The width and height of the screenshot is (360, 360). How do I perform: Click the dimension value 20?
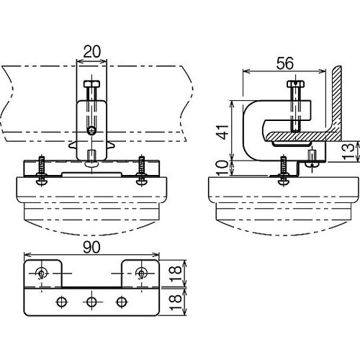[92, 51]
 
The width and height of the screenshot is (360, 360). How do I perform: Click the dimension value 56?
[285, 63]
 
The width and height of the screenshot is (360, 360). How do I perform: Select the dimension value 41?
[223, 132]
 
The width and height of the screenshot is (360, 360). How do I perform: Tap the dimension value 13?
[348, 151]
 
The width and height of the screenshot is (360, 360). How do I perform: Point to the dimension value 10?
[223, 168]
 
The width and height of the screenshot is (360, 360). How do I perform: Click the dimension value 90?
[91, 247]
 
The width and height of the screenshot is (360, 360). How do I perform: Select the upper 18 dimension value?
[176, 274]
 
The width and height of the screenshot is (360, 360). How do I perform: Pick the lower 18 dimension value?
[176, 302]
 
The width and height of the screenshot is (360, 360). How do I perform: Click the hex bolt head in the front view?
[91, 84]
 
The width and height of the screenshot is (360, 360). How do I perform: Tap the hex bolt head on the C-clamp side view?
[296, 84]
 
